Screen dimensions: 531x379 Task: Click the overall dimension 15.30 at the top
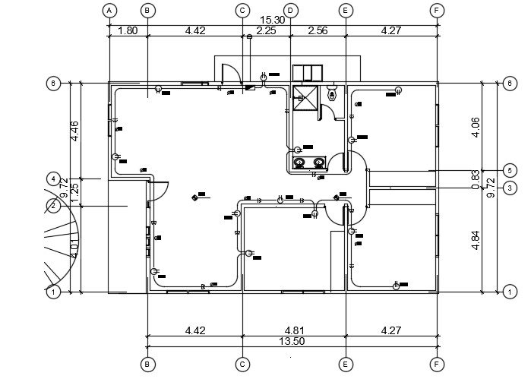click(273, 21)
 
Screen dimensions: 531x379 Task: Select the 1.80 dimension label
click(128, 31)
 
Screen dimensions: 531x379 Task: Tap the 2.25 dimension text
click(266, 31)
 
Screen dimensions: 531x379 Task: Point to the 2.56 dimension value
click(318, 31)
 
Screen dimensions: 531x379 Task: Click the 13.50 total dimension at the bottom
click(292, 343)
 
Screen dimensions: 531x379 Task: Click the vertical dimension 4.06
click(476, 127)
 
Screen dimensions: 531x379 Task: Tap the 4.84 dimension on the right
click(476, 239)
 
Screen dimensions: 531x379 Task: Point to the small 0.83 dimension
click(476, 179)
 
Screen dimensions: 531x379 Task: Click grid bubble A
click(110, 11)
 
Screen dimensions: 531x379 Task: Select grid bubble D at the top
click(290, 11)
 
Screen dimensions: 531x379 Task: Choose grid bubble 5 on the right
click(510, 170)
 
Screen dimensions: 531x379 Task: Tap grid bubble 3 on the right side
click(510, 188)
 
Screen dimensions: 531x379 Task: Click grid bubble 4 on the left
click(53, 179)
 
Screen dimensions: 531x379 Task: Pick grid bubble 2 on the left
click(53, 205)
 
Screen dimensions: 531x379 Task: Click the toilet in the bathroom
click(331, 94)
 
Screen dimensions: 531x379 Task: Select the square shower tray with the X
click(305, 99)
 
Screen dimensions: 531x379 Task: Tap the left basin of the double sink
click(300, 162)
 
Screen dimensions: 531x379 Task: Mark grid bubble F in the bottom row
click(437, 365)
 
